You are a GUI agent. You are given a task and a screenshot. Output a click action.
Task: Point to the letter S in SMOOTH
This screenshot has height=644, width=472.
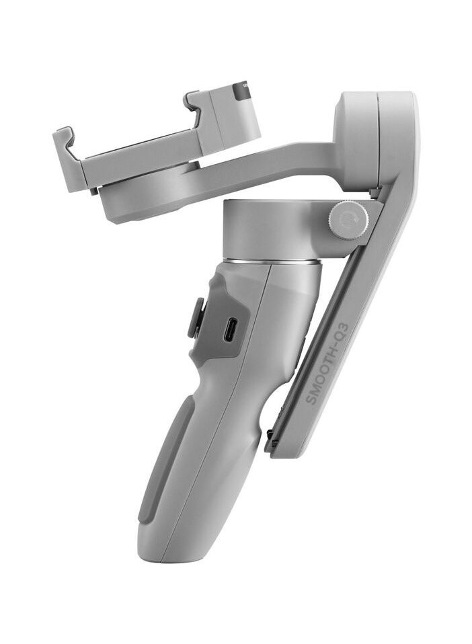click(311, 401)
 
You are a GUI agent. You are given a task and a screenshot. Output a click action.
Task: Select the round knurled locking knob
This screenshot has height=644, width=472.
click(348, 220)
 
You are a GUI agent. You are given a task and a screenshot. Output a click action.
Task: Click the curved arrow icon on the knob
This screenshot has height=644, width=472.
click(348, 220)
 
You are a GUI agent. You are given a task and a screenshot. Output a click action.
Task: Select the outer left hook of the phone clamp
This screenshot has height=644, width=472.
click(65, 138)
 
